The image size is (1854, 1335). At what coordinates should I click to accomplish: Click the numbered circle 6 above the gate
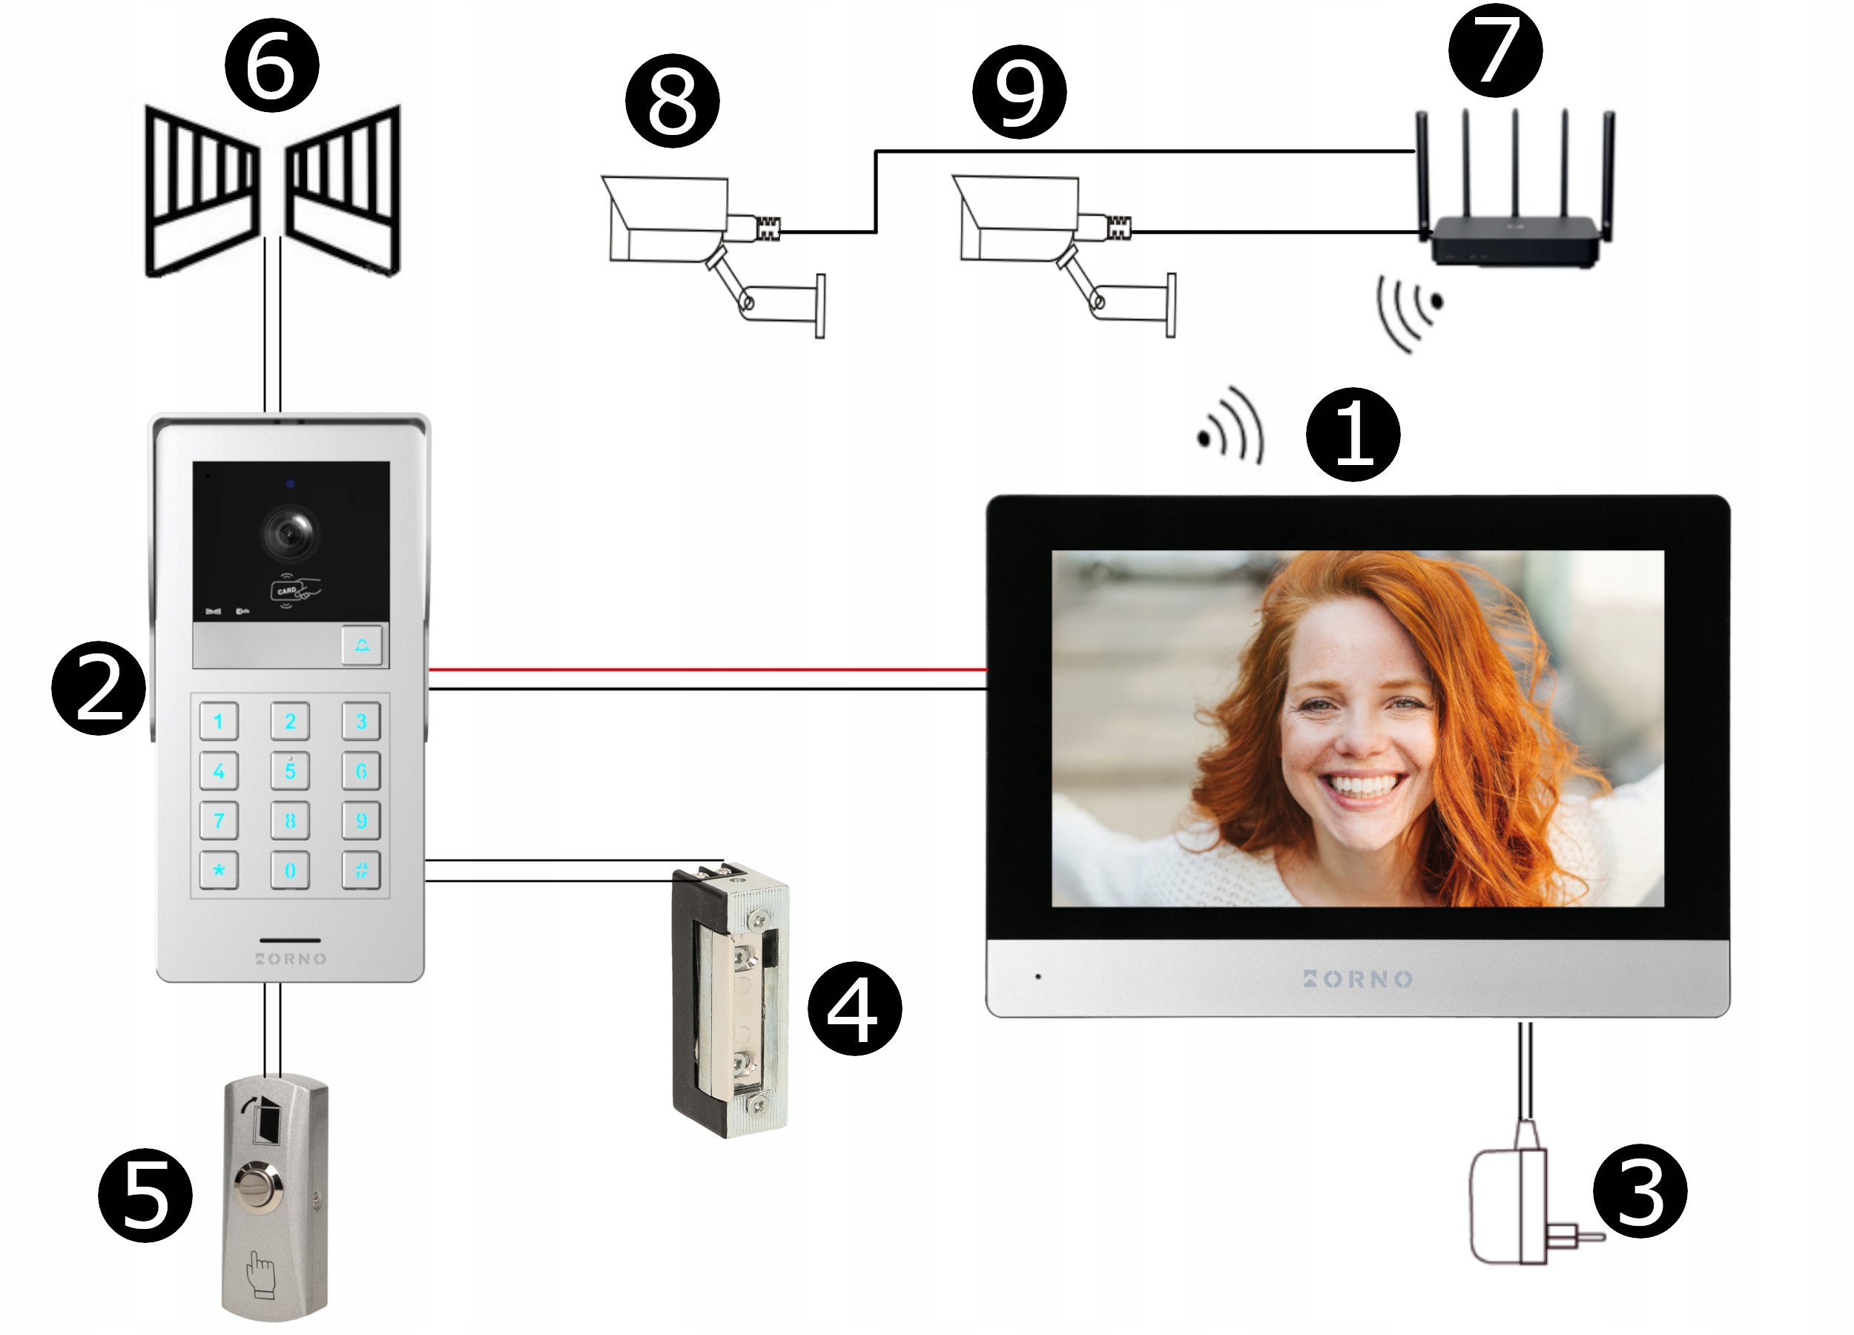pos(271,65)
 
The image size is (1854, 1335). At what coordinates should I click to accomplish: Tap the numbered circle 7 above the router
pos(1495,50)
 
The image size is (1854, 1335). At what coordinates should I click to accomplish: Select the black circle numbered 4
pos(854,1009)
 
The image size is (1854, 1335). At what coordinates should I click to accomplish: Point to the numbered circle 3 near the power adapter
pos(1640,1191)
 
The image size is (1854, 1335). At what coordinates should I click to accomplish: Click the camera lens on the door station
pos(290,533)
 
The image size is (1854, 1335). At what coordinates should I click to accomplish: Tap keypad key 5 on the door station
pos(290,771)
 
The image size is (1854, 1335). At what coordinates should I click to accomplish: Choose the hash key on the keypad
pos(361,870)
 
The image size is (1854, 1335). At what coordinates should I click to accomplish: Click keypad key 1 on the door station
pos(219,721)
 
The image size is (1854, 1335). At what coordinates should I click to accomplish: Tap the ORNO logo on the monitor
pos(1358,978)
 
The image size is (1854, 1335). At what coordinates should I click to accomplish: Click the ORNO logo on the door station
pos(291,958)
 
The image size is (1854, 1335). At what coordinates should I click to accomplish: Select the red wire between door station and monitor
pos(707,670)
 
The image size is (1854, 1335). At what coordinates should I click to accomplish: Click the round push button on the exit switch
pos(258,1186)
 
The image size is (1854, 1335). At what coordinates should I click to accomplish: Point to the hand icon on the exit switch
pos(261,1274)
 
